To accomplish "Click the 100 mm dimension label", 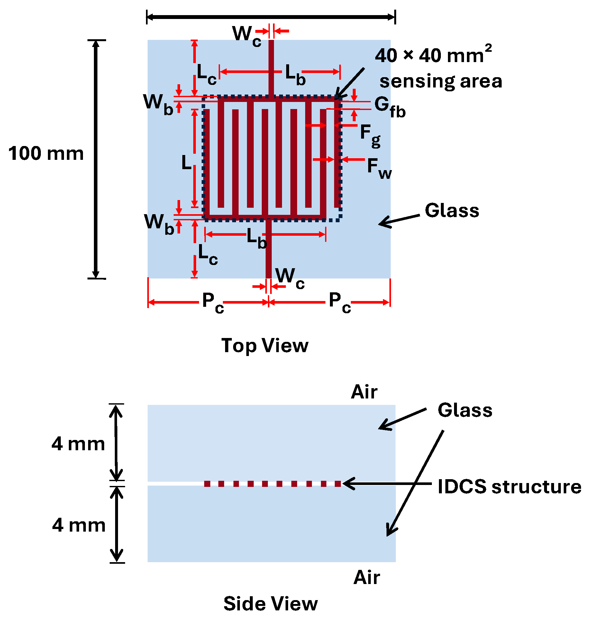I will (46, 153).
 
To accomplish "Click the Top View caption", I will (265, 346).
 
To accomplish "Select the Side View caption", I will (270, 604).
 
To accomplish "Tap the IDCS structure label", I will (509, 487).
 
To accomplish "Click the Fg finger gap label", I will (370, 135).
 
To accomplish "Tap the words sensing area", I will (441, 81).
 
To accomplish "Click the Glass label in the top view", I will (452, 211).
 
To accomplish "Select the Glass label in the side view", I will (465, 410).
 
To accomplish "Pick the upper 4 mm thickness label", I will (78, 444).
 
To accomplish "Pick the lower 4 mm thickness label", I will (79, 525).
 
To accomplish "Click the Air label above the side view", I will (364, 392).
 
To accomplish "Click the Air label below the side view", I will (367, 578).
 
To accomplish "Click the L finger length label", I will (187, 162).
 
